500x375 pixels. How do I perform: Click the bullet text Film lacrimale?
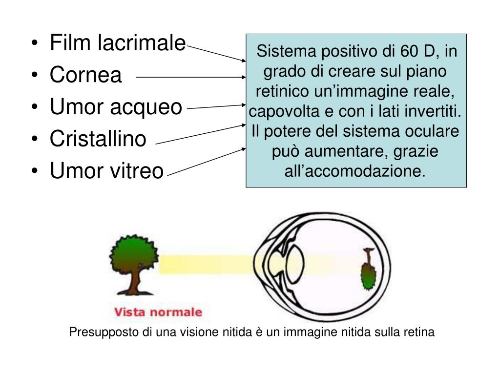118,44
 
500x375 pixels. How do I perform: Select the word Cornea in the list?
85,75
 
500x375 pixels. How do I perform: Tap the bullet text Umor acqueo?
116,107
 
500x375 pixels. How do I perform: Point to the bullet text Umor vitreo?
106,170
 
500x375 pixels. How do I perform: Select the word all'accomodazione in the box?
355,171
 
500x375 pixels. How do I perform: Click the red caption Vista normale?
157,312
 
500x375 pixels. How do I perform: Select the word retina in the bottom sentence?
419,333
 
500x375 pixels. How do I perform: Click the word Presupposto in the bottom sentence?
104,333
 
